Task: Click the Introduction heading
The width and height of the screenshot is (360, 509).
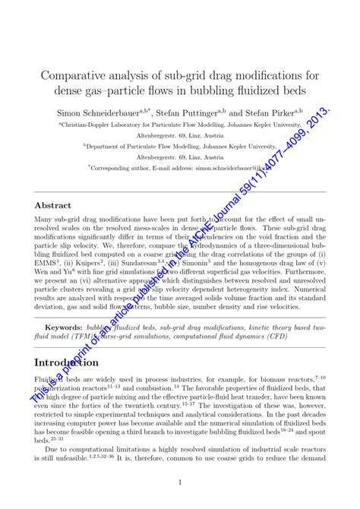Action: pos(67,362)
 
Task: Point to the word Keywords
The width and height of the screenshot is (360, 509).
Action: pos(62,327)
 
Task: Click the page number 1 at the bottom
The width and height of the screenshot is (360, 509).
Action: pos(180,482)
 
